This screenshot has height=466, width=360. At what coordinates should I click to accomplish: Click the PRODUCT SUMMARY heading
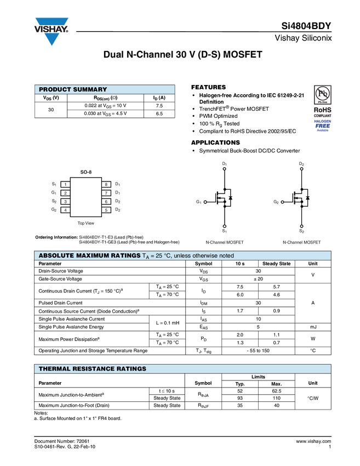point(73,89)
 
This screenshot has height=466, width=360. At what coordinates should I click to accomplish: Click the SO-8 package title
point(86,172)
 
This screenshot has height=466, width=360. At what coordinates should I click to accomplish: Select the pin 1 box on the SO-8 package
point(65,184)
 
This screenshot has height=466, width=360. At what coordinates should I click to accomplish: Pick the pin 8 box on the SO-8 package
point(106,184)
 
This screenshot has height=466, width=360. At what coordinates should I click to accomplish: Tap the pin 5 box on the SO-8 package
point(106,210)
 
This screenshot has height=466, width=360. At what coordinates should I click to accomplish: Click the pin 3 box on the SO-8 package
point(65,202)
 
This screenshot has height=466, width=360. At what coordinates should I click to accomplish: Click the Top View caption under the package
point(85,223)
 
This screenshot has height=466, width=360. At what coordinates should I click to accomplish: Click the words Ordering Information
point(56,237)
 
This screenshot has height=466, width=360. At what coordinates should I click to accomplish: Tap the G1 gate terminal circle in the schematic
point(205,202)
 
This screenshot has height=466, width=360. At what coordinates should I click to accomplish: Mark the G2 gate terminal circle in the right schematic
point(282,202)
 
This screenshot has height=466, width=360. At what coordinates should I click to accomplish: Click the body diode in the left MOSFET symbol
point(231,197)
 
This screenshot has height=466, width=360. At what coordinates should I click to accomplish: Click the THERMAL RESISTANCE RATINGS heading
point(93,369)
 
